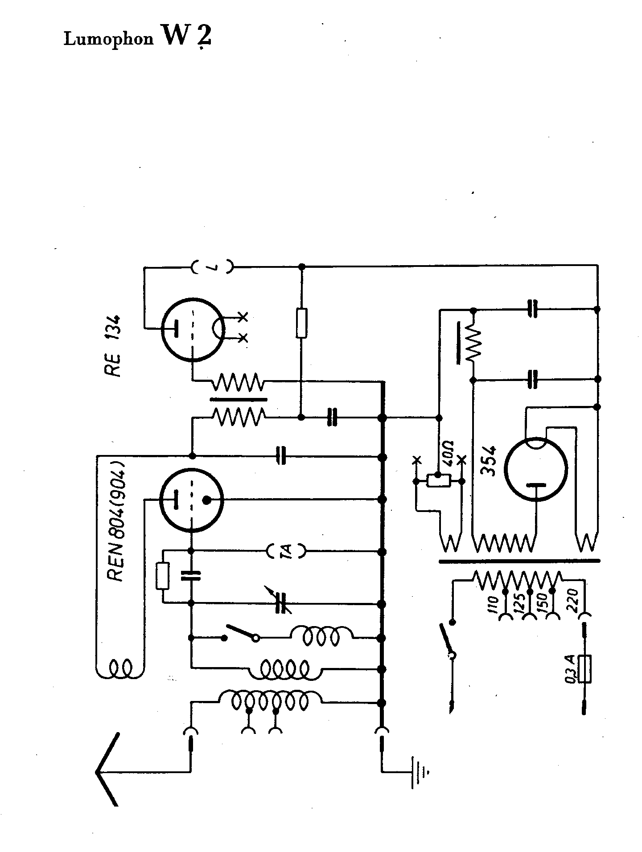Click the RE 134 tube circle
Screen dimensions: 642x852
(193, 329)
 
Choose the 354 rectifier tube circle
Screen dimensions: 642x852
(535, 469)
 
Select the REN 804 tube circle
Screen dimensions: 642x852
(191, 500)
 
